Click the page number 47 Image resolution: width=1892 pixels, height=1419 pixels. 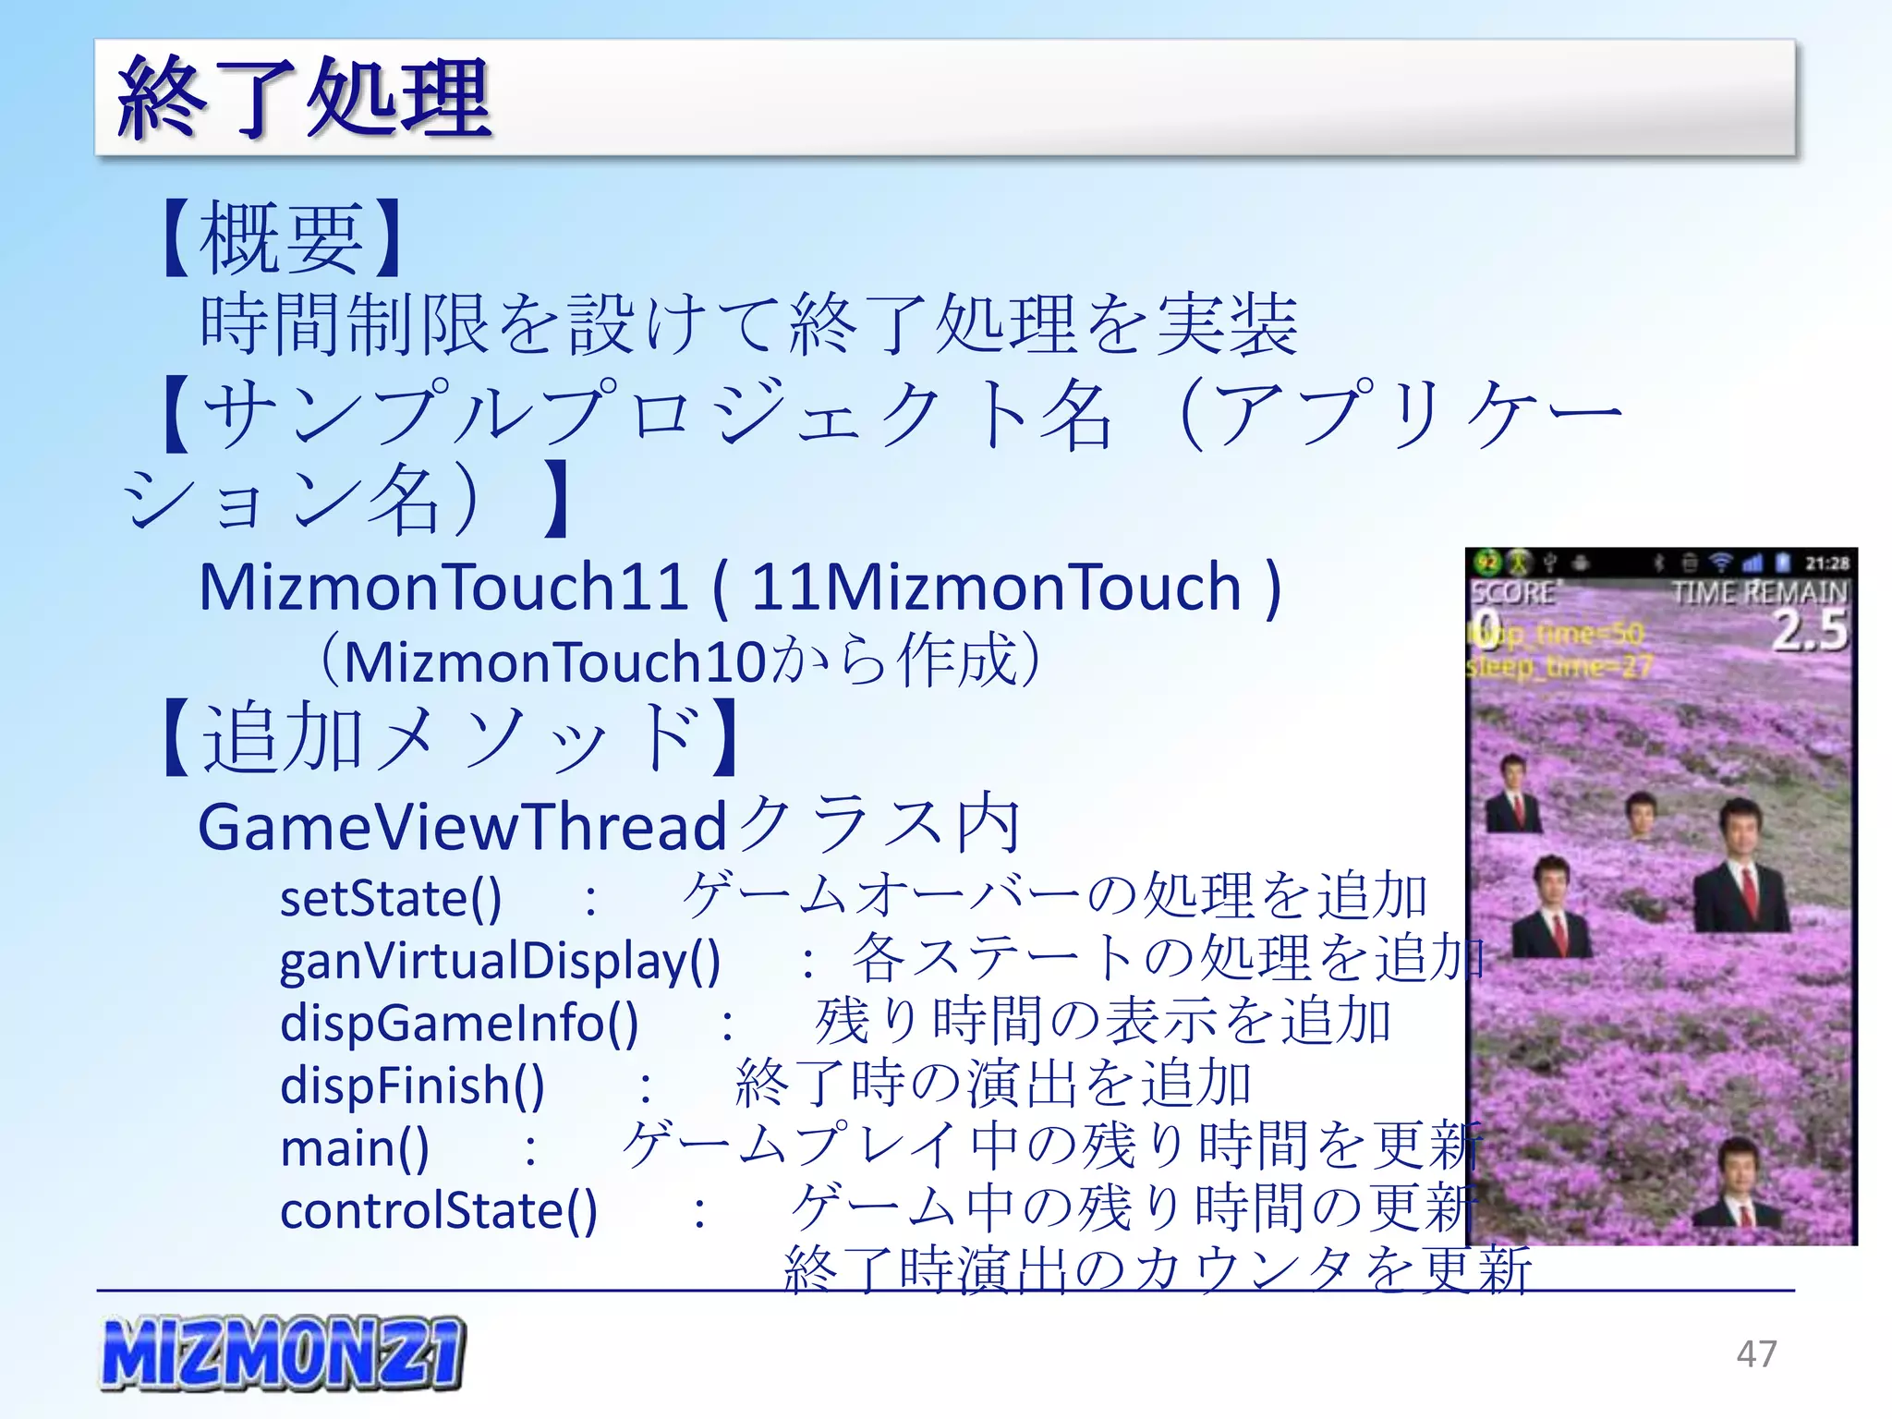(1756, 1353)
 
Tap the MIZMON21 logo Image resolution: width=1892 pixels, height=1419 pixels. (282, 1353)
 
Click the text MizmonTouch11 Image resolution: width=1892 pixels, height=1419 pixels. (443, 588)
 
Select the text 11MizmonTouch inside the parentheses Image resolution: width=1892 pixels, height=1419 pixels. (995, 588)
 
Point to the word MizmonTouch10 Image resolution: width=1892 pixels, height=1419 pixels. (554, 662)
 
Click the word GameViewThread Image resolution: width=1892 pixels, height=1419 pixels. (462, 826)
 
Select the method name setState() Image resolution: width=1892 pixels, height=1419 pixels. (390, 898)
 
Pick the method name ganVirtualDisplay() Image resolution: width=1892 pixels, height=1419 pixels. (499, 960)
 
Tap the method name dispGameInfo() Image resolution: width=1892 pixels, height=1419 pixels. (458, 1023)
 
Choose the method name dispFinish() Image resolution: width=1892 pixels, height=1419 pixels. (412, 1085)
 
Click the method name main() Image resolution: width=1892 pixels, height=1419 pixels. (354, 1148)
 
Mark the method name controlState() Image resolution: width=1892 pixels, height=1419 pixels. (438, 1210)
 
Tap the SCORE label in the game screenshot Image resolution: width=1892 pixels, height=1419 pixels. (1512, 592)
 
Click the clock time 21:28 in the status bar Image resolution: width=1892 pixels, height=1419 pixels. (1826, 563)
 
